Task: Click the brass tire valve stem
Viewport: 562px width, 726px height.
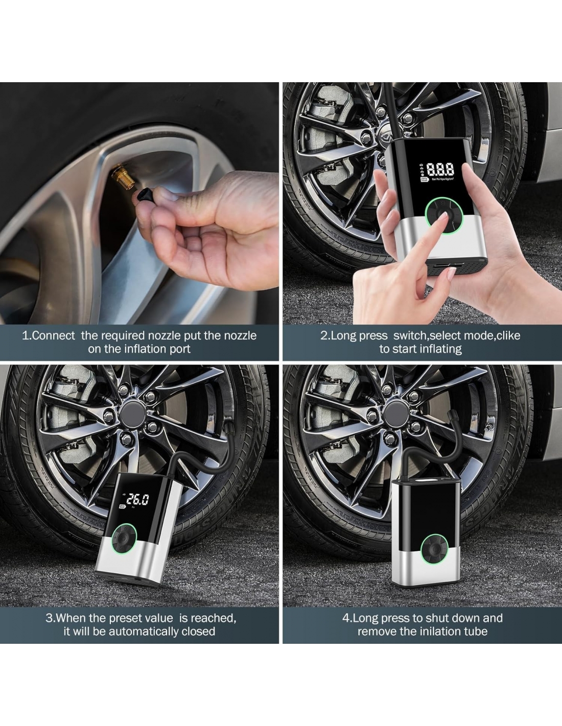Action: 123,175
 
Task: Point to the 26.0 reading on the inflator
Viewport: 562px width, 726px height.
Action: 138,499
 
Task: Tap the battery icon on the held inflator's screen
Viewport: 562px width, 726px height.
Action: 424,180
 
